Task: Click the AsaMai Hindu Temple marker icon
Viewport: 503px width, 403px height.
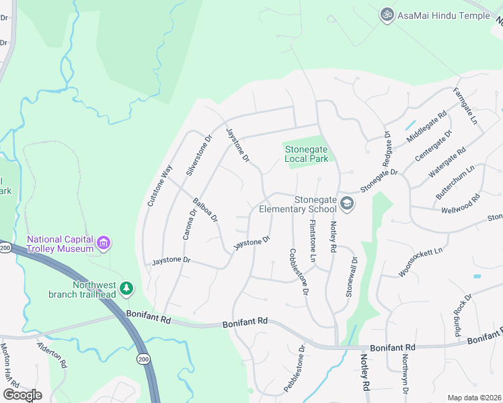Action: click(x=387, y=15)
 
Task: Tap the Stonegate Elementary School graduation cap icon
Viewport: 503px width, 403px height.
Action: click(x=347, y=204)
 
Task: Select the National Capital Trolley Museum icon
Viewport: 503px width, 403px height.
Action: click(x=103, y=243)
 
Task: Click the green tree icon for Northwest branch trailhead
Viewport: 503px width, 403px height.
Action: click(x=126, y=288)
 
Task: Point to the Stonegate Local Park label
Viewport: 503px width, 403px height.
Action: click(x=306, y=154)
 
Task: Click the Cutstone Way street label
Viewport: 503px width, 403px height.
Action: click(x=159, y=186)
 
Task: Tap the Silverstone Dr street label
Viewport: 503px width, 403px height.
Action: click(x=199, y=155)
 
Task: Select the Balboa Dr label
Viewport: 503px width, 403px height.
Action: click(x=205, y=210)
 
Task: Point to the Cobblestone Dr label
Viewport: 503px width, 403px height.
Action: click(x=299, y=273)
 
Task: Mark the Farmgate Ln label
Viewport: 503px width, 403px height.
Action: click(x=465, y=107)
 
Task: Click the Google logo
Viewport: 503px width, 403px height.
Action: click(x=22, y=395)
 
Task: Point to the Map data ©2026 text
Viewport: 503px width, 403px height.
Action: click(x=474, y=398)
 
